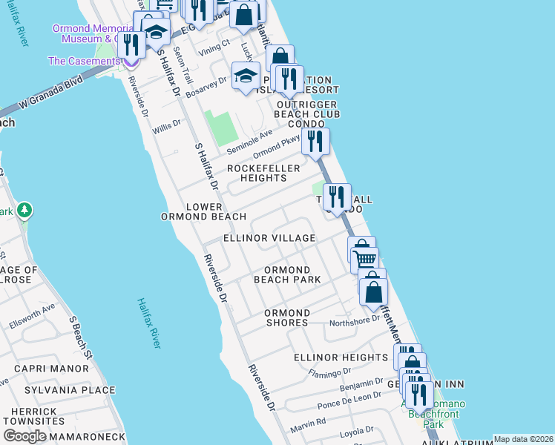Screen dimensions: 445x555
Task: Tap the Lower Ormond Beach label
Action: coord(204,211)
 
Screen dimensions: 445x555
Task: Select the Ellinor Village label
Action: coord(269,238)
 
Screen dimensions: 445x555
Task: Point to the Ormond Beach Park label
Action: coord(287,274)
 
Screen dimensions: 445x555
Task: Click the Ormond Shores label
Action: coord(286,317)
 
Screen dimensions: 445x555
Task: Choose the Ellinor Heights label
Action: coord(341,357)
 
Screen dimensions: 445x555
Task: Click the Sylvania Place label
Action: coord(70,390)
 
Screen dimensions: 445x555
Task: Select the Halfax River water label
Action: coord(148,323)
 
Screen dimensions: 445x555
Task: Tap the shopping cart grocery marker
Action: coord(364,260)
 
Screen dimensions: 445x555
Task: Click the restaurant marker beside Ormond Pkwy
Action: coord(315,140)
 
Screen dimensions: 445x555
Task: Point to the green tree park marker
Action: coord(24,211)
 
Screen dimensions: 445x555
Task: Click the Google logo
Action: coord(24,435)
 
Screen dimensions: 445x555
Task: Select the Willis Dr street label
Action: coord(166,125)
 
